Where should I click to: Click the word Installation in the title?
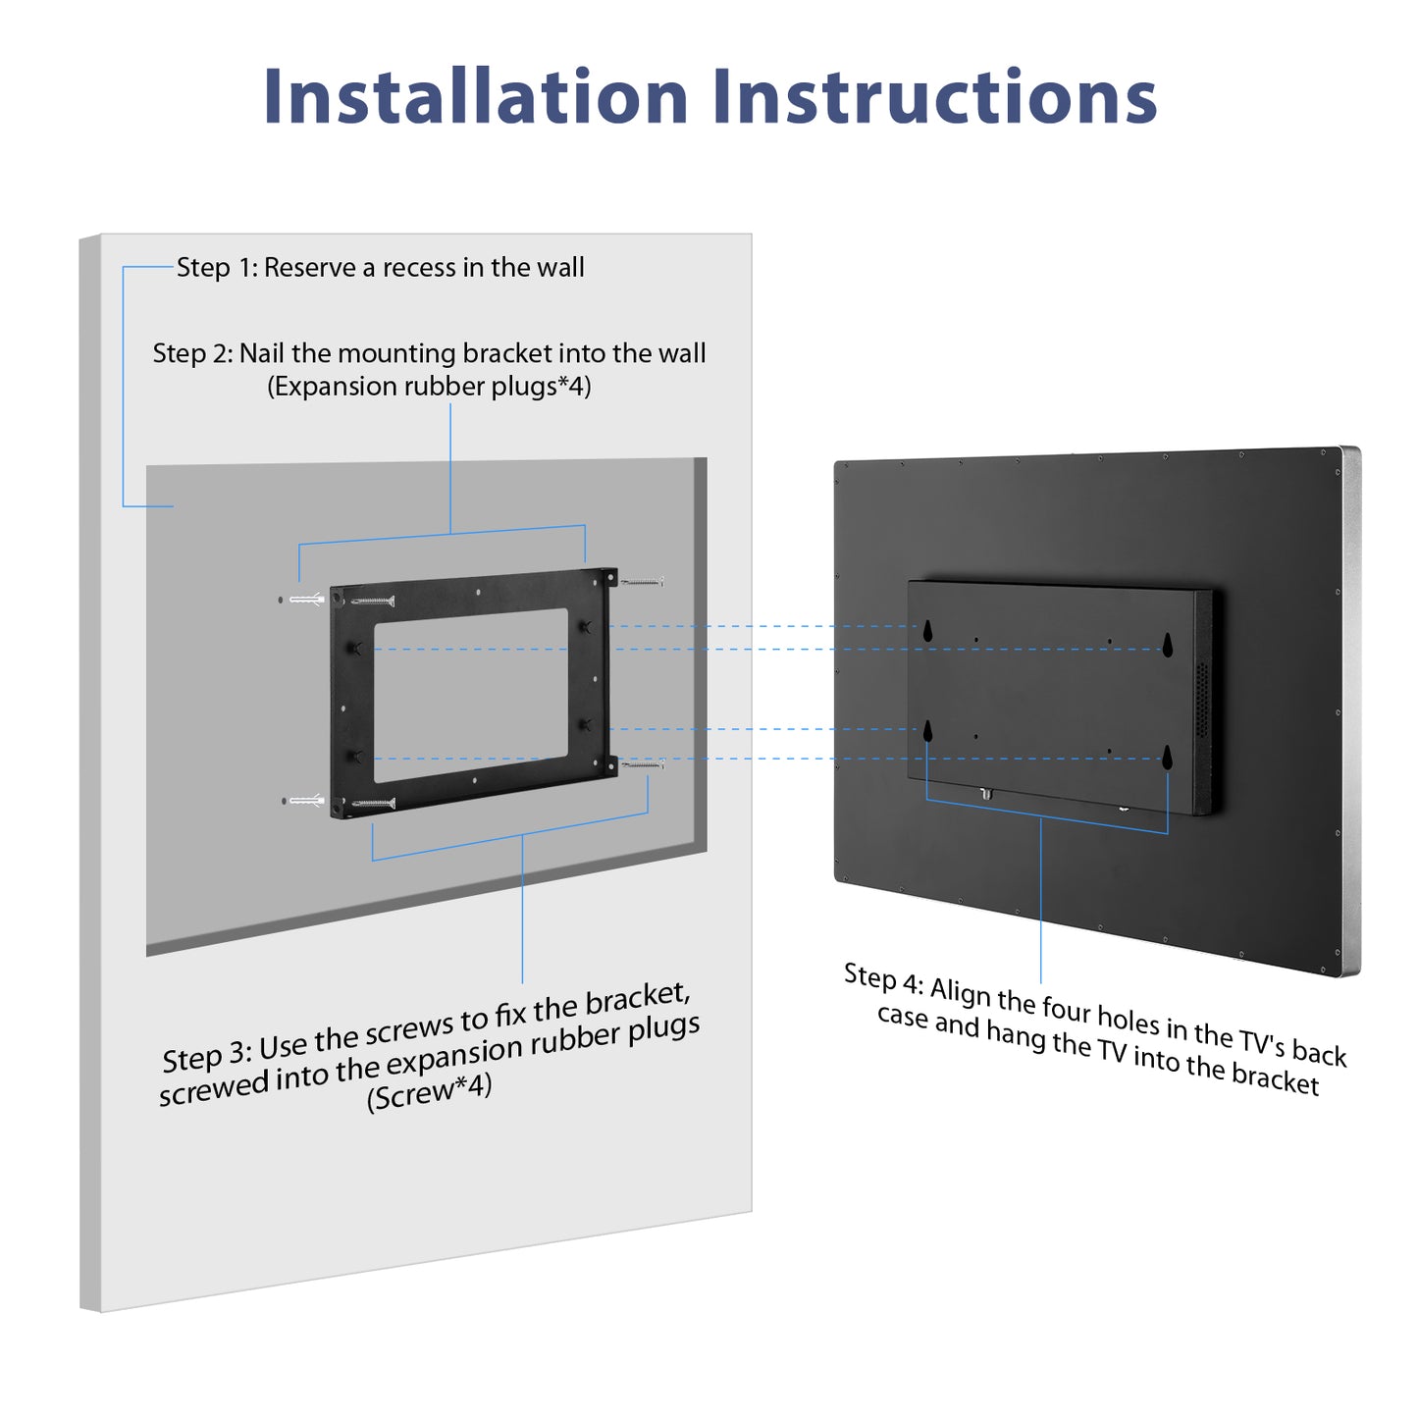pyautogui.click(x=475, y=97)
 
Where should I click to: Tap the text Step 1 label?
pyautogui.click(x=216, y=268)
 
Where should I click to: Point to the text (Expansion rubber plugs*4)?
pyautogui.click(x=429, y=387)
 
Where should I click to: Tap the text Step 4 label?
pyautogui.click(x=882, y=978)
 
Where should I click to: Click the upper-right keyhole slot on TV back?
pyautogui.click(x=1168, y=645)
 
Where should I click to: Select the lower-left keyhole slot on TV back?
pyautogui.click(x=927, y=731)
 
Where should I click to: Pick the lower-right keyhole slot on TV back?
pyautogui.click(x=1168, y=757)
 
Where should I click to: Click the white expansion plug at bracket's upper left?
pyautogui.click(x=307, y=599)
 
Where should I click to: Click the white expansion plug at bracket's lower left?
pyautogui.click(x=307, y=801)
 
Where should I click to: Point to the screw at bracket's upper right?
pyautogui.click(x=643, y=582)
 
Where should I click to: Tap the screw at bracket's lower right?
pyautogui.click(x=643, y=764)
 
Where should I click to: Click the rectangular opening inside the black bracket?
pyautogui.click(x=470, y=695)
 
